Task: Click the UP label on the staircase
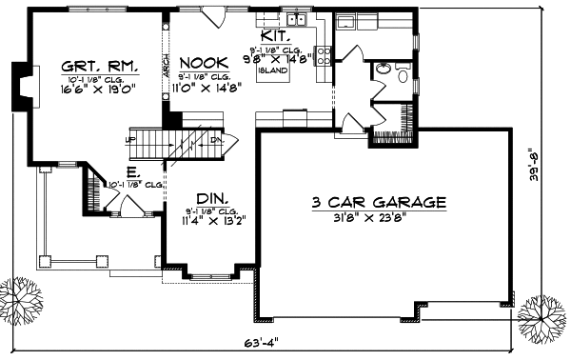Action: pyautogui.click(x=130, y=139)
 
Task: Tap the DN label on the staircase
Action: pyautogui.click(x=216, y=139)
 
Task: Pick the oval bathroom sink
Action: pyautogui.click(x=384, y=69)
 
